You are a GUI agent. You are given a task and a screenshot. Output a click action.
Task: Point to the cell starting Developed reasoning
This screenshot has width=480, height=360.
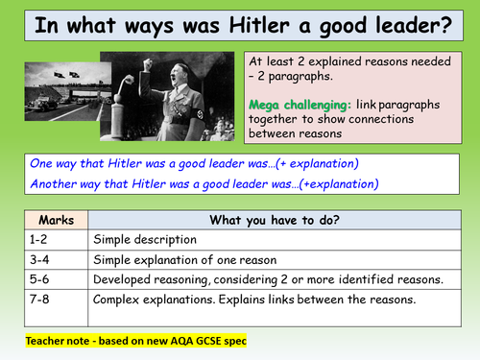click(x=266, y=279)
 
